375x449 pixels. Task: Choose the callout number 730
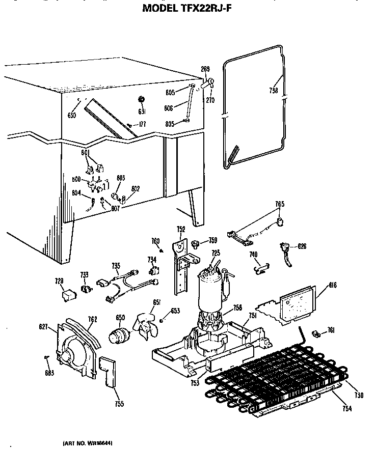click(359, 395)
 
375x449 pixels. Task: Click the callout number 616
click(319, 286)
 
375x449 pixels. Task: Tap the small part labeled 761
click(316, 334)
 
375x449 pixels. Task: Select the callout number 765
click(279, 204)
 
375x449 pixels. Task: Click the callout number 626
click(302, 246)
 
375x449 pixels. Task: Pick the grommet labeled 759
click(194, 244)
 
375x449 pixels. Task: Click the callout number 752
click(180, 229)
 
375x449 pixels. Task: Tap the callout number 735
click(116, 265)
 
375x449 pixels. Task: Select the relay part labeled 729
click(66, 294)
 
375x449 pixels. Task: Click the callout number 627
click(44, 327)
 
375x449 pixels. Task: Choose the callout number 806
click(169, 107)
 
